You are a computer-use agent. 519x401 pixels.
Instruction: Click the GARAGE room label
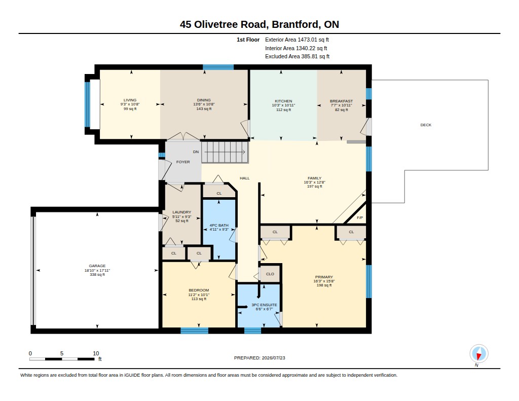pos(97,266)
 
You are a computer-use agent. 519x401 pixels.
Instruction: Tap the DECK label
pos(426,125)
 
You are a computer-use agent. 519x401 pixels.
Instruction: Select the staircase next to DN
pos(225,152)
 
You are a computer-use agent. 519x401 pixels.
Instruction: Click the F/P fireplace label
pos(360,217)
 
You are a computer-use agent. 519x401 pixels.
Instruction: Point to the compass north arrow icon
pos(478,354)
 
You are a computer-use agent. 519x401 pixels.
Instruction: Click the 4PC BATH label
pos(219,225)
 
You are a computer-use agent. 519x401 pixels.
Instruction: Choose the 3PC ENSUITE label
pos(264,305)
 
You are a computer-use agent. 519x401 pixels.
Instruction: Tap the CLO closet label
pos(270,274)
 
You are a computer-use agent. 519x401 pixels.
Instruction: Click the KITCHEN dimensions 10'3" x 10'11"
pos(283,105)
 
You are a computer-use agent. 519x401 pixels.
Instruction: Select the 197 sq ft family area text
pos(314,187)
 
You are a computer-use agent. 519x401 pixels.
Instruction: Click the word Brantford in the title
pos(296,24)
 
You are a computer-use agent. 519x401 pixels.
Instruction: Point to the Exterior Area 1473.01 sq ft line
pos(297,40)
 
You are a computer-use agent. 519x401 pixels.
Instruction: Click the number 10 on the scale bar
pos(96,353)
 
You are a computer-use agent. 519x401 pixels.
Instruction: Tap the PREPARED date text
pos(259,358)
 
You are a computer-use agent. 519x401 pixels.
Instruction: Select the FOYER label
pos(183,162)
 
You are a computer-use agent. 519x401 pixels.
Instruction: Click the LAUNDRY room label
pos(182,212)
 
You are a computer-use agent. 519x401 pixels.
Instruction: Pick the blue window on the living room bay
pos(87,104)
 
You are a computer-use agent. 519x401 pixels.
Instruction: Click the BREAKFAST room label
pos(341,101)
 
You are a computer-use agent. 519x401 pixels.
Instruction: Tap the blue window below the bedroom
pos(194,331)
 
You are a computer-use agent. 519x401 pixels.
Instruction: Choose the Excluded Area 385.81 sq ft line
pos(297,57)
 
